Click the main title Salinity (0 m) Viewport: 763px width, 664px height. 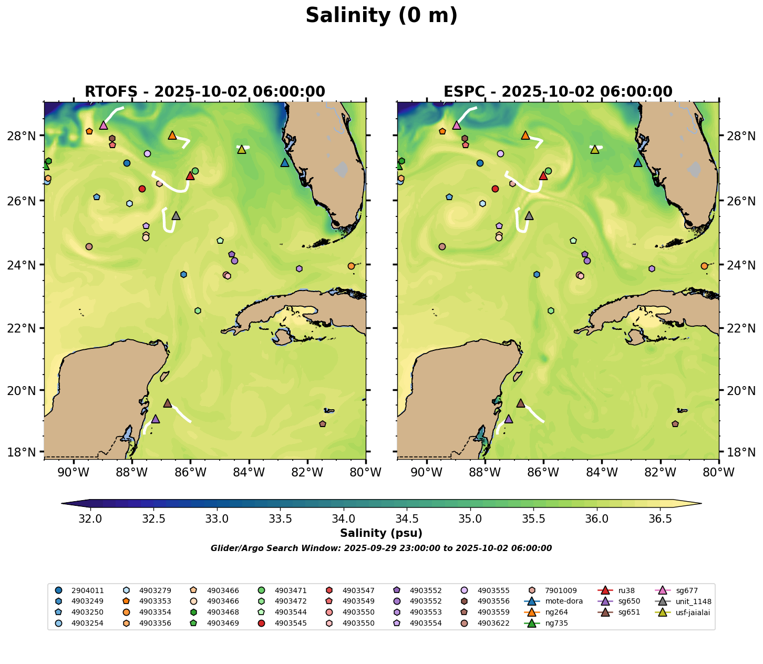click(x=381, y=16)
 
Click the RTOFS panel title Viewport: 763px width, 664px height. click(x=205, y=92)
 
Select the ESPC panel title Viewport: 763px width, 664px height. click(x=558, y=92)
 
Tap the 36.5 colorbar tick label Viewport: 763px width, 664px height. click(x=660, y=519)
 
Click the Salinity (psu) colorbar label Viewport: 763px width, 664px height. click(x=381, y=534)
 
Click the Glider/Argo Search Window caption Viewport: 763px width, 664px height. click(x=381, y=548)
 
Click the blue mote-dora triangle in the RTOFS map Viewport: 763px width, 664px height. click(x=285, y=163)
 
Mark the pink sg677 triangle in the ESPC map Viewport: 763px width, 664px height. click(x=457, y=126)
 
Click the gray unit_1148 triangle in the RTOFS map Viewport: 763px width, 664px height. click(x=176, y=216)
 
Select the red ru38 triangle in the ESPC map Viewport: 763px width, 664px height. click(x=543, y=176)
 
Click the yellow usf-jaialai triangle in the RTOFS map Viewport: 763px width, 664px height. click(x=242, y=150)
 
